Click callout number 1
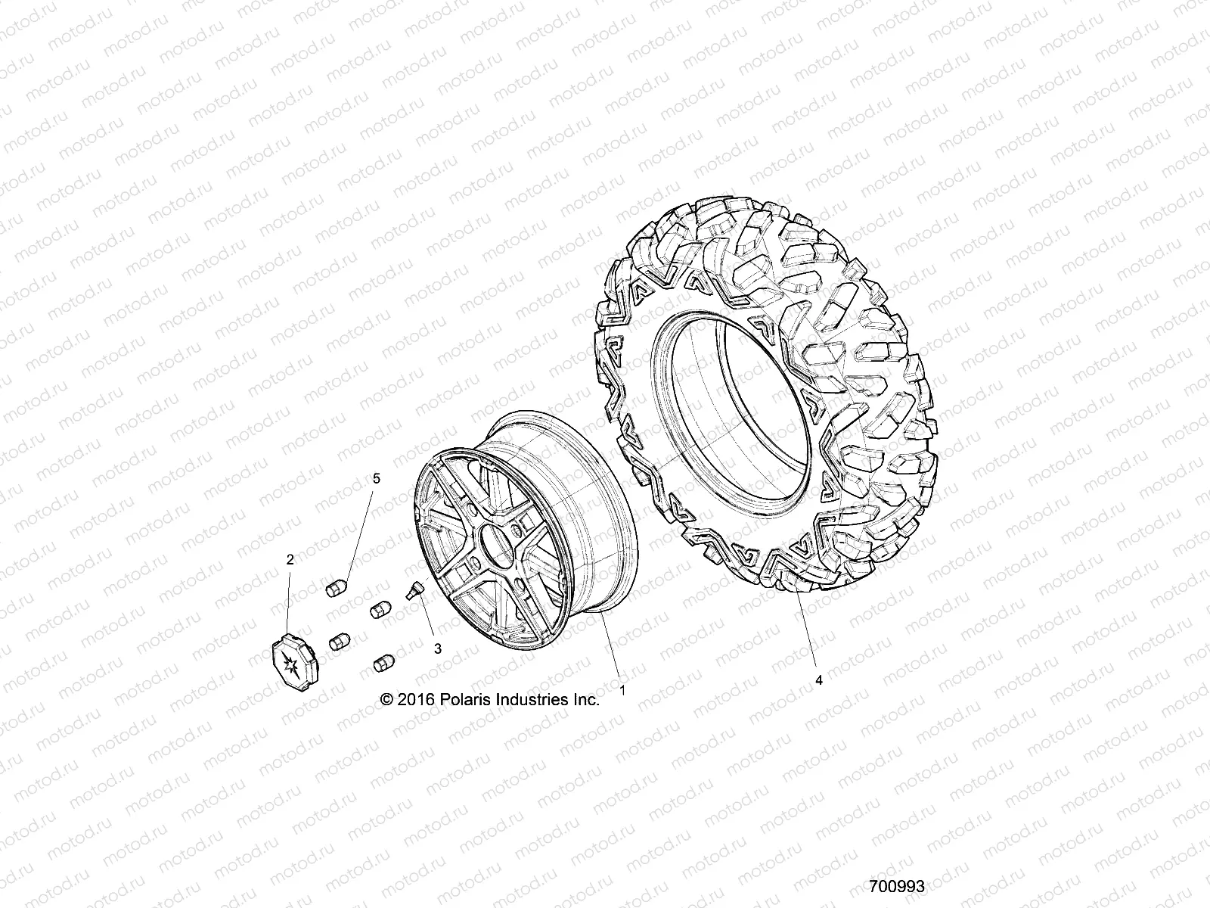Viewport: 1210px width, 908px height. (623, 689)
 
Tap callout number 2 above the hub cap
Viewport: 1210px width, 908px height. (290, 560)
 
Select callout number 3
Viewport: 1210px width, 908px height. (438, 649)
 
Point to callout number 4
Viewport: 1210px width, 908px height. (818, 680)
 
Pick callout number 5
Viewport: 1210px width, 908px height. (377, 478)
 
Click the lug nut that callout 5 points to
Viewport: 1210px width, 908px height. (336, 589)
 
